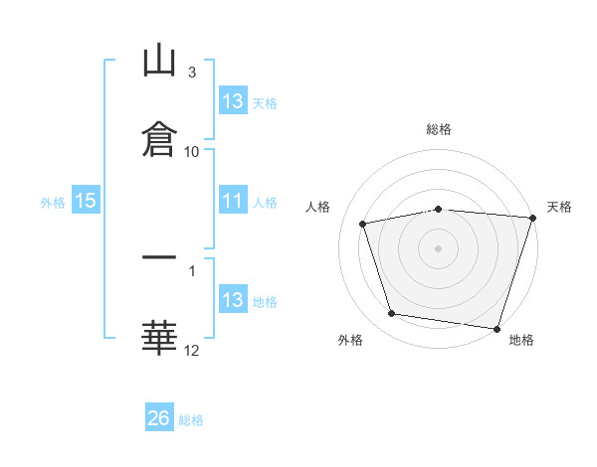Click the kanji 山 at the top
coord(159,60)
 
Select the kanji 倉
coord(159,139)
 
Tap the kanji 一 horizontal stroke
coord(159,257)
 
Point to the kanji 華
coord(159,338)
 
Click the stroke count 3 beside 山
coord(192,73)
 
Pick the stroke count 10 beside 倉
coord(191,152)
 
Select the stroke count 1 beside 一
coord(192,271)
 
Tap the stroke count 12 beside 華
coord(191,351)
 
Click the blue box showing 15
coord(86,200)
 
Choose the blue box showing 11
coord(233,200)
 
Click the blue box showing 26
coord(159,416)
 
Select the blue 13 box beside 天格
coord(233,100)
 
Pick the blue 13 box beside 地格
coord(233,298)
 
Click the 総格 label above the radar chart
coord(439,129)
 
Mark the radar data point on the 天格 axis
coord(533,218)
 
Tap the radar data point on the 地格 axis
coord(497,329)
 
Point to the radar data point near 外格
coord(391,314)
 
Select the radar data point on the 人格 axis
coord(363,224)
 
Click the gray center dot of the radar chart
coord(438,248)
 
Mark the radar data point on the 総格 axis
coord(439,210)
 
